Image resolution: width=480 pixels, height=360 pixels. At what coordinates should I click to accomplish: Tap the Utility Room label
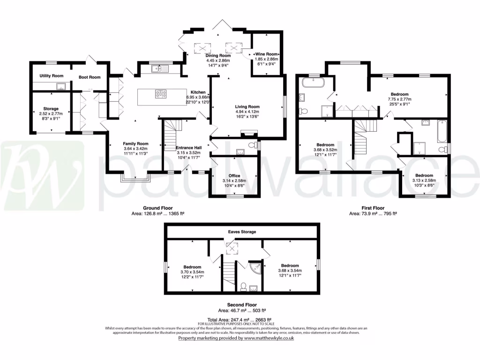point(51,75)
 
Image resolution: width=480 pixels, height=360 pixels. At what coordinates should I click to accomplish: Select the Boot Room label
point(89,77)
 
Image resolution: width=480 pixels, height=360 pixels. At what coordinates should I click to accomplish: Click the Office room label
point(234,176)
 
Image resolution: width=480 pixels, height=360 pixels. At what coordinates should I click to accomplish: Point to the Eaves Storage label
point(242,232)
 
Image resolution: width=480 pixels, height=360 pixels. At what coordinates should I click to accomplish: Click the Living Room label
point(247,107)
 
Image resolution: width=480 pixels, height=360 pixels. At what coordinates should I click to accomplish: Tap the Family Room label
point(135,143)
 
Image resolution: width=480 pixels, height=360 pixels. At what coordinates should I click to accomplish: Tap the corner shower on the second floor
point(255,268)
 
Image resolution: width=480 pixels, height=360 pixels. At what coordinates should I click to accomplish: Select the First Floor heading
point(373,208)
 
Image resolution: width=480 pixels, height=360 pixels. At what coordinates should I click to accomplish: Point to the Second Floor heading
point(241,305)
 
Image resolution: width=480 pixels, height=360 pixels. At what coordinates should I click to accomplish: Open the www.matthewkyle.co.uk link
point(268,338)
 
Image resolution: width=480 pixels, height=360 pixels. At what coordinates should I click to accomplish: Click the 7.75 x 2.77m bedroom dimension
point(399,99)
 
